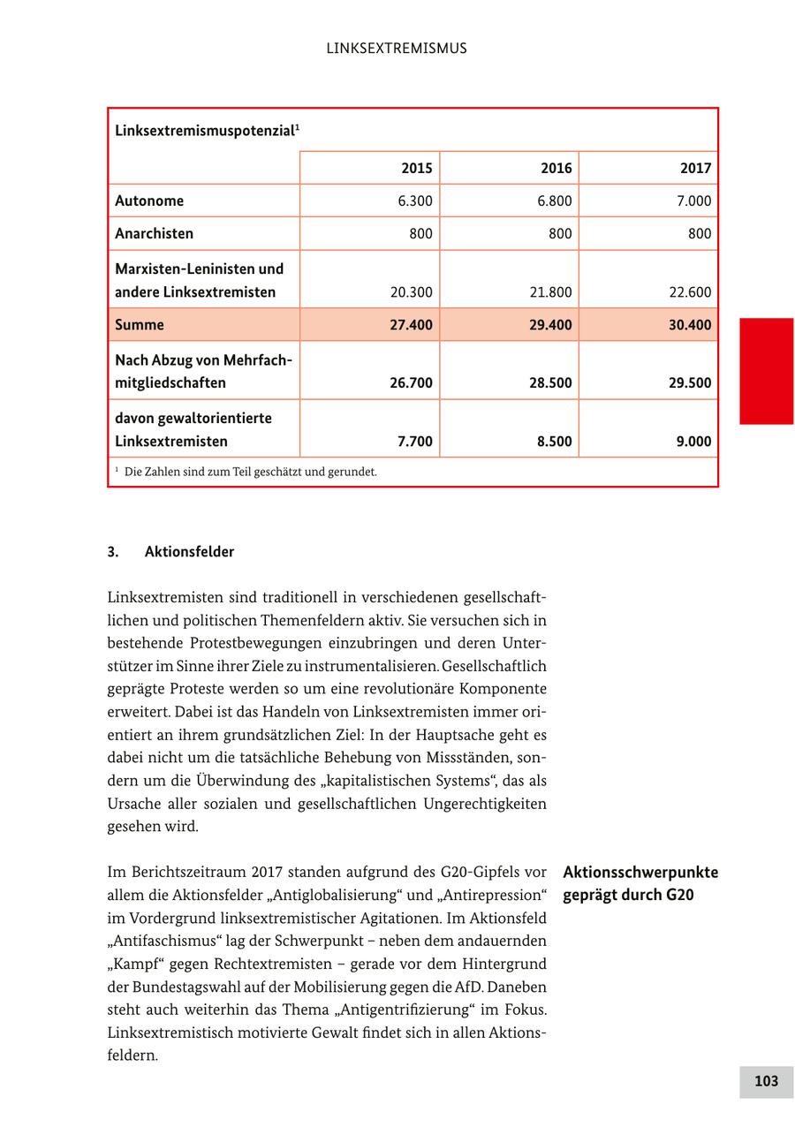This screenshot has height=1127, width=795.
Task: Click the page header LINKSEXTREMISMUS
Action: pyautogui.click(x=397, y=49)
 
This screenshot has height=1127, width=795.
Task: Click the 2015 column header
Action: pyautogui.click(x=417, y=168)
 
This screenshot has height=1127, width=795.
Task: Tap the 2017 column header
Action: pyautogui.click(x=695, y=168)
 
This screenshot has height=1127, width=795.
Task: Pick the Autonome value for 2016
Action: pyautogui.click(x=554, y=200)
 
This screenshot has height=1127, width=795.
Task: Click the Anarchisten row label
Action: pyautogui.click(x=154, y=233)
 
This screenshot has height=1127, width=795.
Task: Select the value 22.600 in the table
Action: pyautogui.click(x=689, y=292)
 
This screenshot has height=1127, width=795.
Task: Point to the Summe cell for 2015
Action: pyautogui.click(x=411, y=324)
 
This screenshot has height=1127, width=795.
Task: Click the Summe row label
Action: pyautogui.click(x=140, y=324)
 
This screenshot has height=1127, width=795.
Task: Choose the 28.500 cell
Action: pyautogui.click(x=550, y=383)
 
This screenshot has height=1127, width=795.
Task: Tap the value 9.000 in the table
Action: pyautogui.click(x=693, y=442)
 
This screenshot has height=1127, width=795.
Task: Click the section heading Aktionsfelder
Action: pyautogui.click(x=189, y=552)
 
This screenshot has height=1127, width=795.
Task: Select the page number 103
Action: pyautogui.click(x=766, y=1081)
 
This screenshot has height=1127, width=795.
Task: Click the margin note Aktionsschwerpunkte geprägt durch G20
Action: pyautogui.click(x=640, y=883)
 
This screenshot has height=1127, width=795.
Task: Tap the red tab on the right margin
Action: pyautogui.click(x=766, y=371)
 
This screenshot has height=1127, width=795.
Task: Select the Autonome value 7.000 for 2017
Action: pyautogui.click(x=693, y=200)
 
